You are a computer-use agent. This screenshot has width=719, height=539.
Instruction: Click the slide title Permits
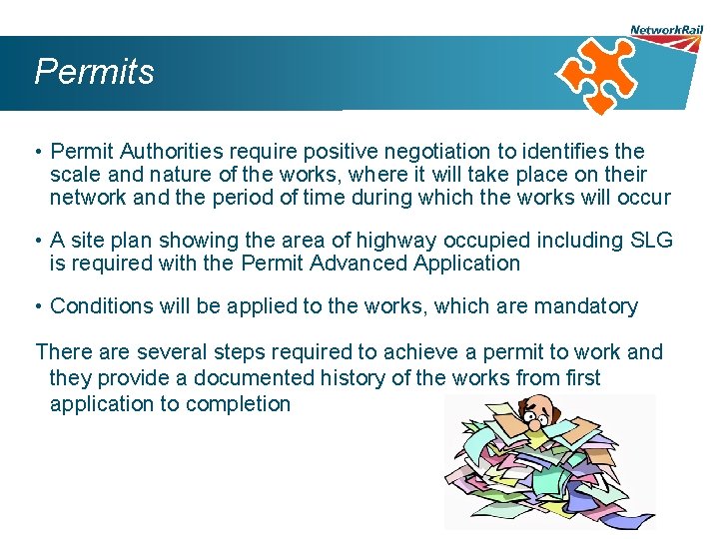(x=94, y=72)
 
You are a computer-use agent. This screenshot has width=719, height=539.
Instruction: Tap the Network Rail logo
(x=666, y=31)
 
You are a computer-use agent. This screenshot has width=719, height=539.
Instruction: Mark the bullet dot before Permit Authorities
(x=36, y=153)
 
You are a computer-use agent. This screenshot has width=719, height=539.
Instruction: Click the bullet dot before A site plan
(x=36, y=241)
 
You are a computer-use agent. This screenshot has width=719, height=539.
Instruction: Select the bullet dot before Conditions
(x=36, y=306)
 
